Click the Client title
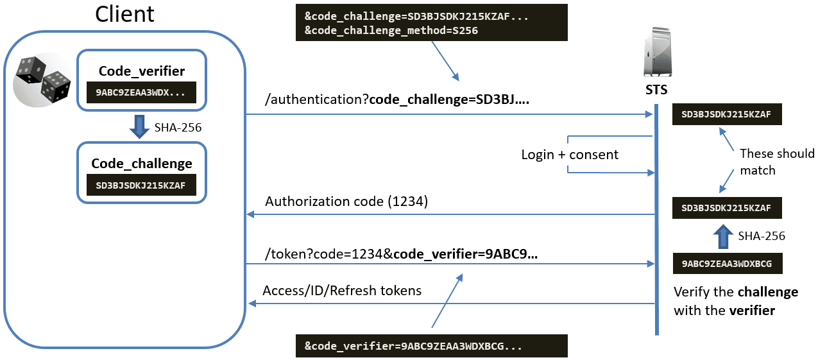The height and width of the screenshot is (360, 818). click(124, 14)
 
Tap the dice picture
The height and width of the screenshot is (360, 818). click(42, 80)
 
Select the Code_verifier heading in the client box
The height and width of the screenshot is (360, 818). click(142, 71)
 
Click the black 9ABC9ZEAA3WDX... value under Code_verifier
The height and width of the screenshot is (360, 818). click(141, 92)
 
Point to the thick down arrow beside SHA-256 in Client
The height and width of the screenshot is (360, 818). click(139, 126)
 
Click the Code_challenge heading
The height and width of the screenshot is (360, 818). click(142, 164)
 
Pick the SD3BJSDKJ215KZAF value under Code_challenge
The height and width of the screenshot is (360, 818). click(141, 185)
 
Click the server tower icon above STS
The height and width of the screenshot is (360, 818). click(658, 52)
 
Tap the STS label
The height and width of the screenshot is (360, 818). click(656, 90)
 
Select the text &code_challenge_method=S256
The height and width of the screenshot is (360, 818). click(391, 30)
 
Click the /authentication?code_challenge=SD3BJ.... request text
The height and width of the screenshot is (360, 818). click(397, 99)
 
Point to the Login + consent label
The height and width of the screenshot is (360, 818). click(570, 155)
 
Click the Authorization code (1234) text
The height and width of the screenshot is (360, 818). click(346, 201)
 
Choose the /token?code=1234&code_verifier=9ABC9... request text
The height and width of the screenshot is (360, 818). click(401, 253)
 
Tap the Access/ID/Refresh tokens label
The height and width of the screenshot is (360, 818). click(342, 291)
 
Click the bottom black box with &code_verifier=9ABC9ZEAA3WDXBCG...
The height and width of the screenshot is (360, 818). click(432, 346)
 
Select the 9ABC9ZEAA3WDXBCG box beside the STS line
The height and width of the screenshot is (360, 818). click(728, 264)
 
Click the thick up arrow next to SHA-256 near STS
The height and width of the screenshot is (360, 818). click(723, 237)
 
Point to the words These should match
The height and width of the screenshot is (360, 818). click(777, 162)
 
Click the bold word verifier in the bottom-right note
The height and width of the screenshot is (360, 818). click(752, 311)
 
